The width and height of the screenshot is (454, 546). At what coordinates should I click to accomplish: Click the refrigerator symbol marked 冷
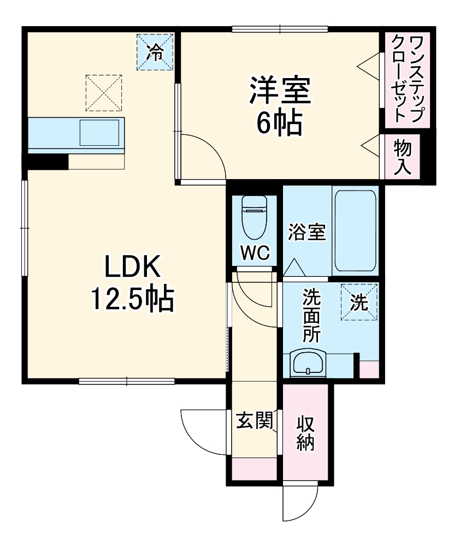[x=155, y=52]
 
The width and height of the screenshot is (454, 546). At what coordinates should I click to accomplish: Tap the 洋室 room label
[x=280, y=91]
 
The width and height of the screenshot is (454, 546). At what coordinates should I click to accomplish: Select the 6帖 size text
[x=280, y=124]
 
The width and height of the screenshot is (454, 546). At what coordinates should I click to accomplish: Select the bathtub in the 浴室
[x=355, y=230]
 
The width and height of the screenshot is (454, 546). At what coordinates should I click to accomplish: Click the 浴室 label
[x=307, y=232]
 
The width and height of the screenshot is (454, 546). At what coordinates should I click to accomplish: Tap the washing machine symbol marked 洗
[x=359, y=302]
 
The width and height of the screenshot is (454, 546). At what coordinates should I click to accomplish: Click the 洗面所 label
[x=312, y=316]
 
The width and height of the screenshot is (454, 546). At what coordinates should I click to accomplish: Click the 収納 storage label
[x=306, y=434]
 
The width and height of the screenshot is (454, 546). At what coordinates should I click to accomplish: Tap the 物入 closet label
[x=403, y=157]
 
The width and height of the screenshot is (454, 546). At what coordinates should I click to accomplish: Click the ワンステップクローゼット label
[x=408, y=78]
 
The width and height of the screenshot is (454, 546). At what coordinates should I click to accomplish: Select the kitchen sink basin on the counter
[x=99, y=132]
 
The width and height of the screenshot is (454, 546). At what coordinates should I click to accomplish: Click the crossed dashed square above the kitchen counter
[x=103, y=93]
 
